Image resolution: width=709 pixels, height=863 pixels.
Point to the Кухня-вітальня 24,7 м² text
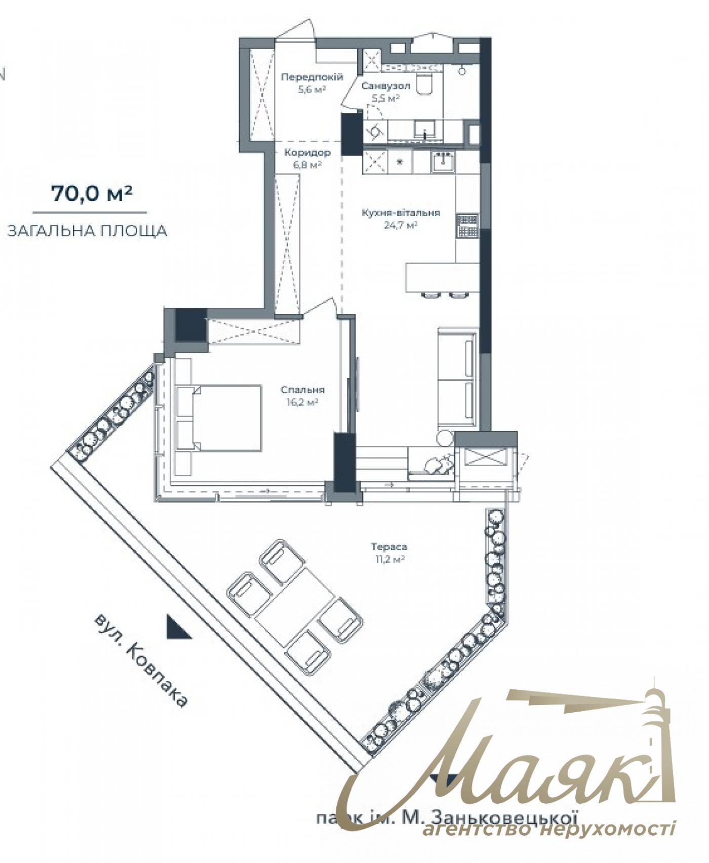tap(401, 219)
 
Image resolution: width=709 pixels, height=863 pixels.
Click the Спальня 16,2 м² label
tap(302, 396)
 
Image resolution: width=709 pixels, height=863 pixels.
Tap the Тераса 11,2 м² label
tap(389, 553)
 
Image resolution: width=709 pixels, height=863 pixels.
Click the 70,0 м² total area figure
tap(91, 194)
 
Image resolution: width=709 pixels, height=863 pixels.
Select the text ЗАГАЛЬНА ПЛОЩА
tap(87, 231)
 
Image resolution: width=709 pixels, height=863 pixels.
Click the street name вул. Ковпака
tap(141, 661)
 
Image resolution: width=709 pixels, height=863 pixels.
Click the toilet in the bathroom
tap(424, 83)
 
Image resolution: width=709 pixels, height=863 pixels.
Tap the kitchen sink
tap(444, 161)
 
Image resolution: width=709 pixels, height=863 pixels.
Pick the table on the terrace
tap(295, 603)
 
